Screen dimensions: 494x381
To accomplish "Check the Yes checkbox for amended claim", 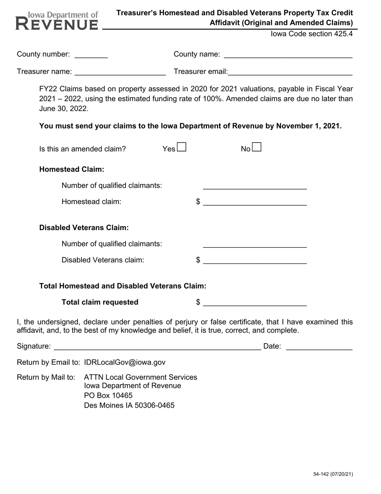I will [182, 147].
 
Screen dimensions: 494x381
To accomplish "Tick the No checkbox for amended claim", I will [257, 147].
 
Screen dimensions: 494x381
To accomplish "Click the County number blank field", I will [91, 55].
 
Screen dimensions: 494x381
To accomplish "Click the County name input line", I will [288, 55].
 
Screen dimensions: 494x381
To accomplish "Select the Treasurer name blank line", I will [120, 72].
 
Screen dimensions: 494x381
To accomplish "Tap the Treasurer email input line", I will [290, 72].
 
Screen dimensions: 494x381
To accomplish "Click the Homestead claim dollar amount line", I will [255, 202].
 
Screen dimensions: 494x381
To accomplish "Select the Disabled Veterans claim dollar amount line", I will [255, 260].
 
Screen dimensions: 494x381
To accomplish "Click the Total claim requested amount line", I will [255, 302].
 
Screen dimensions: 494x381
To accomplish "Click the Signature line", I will [157, 347].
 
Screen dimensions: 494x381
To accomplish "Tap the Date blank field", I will [319, 347].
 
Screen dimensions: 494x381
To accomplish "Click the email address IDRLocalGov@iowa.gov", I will [124, 362].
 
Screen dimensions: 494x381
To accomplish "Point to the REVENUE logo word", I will [57, 24].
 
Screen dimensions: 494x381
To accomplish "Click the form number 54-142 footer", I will [333, 474].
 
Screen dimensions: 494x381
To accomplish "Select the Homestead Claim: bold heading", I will [72, 169].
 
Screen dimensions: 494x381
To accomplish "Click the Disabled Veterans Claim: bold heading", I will [84, 228].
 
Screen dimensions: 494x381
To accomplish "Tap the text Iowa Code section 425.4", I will [312, 34].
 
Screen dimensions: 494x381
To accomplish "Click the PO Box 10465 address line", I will [108, 396].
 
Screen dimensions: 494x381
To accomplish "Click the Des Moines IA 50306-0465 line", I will [129, 405].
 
